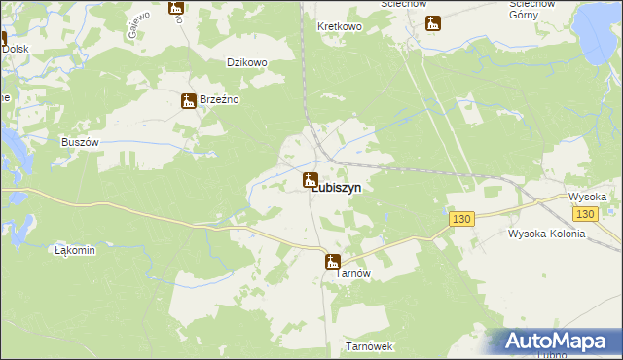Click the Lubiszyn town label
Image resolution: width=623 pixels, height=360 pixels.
pyautogui.click(x=338, y=192)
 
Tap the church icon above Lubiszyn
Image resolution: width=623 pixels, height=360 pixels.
pyautogui.click(x=310, y=179)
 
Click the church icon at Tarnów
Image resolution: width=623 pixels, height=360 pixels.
pyautogui.click(x=332, y=261)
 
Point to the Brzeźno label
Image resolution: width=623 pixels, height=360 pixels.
pyautogui.click(x=219, y=100)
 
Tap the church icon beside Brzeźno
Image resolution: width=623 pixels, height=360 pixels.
pyautogui.click(x=189, y=100)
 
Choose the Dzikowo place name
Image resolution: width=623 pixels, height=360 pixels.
pyautogui.click(x=246, y=62)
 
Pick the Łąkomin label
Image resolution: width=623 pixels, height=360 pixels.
pyautogui.click(x=75, y=250)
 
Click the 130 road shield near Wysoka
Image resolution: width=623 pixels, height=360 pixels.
pyautogui.click(x=584, y=214)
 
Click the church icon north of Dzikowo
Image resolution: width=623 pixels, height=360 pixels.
pyautogui.click(x=175, y=8)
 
